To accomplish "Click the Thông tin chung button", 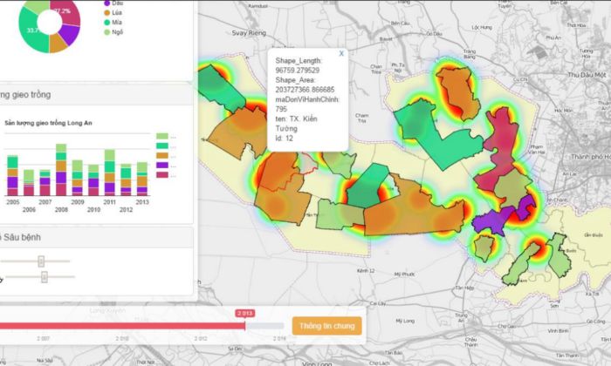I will click(x=326, y=326).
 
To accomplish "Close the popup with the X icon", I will click(x=341, y=53).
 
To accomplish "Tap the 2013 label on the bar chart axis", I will click(x=141, y=201).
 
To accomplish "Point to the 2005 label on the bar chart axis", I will click(x=13, y=201).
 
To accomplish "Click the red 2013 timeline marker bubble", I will click(x=244, y=312).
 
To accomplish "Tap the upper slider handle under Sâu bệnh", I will click(x=41, y=261).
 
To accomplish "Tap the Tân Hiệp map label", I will click(x=463, y=287).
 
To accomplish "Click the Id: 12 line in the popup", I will click(x=284, y=138).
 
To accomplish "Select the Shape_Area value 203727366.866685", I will click(x=305, y=89).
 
